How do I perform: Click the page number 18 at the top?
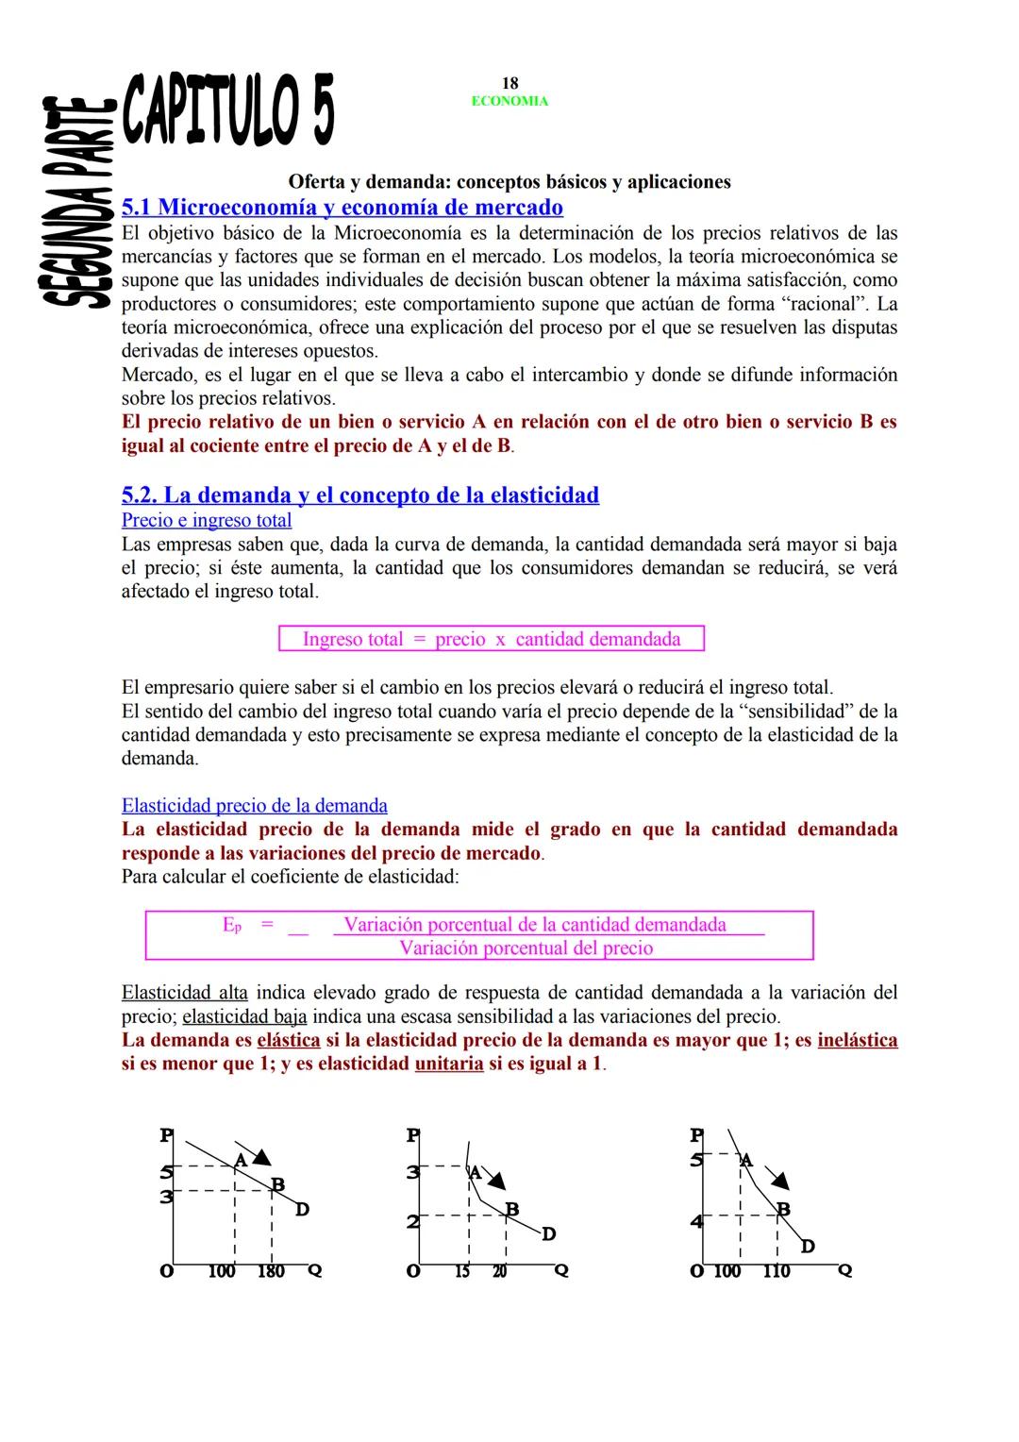pyautogui.click(x=509, y=84)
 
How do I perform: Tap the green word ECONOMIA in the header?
pyautogui.click(x=509, y=101)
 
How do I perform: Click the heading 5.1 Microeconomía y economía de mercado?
pyautogui.click(x=342, y=207)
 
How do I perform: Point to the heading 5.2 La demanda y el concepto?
pyautogui.click(x=360, y=495)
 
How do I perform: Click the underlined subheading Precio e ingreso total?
pyautogui.click(x=207, y=520)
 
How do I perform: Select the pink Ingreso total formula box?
pyautogui.click(x=492, y=639)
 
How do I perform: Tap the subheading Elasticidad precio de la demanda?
pyautogui.click(x=255, y=805)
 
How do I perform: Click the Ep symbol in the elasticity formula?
pyautogui.click(x=232, y=926)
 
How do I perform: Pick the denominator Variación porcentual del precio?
pyautogui.click(x=526, y=947)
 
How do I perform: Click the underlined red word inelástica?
pyautogui.click(x=858, y=1040)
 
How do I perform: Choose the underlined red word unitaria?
pyautogui.click(x=449, y=1064)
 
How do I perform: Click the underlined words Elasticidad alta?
pyautogui.click(x=185, y=993)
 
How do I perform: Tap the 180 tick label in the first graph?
pyautogui.click(x=271, y=1271)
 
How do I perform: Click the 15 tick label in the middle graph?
pyautogui.click(x=462, y=1271)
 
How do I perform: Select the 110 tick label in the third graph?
pyautogui.click(x=776, y=1271)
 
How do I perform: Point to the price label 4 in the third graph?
pyautogui.click(x=696, y=1222)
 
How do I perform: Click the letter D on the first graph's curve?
pyautogui.click(x=302, y=1209)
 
